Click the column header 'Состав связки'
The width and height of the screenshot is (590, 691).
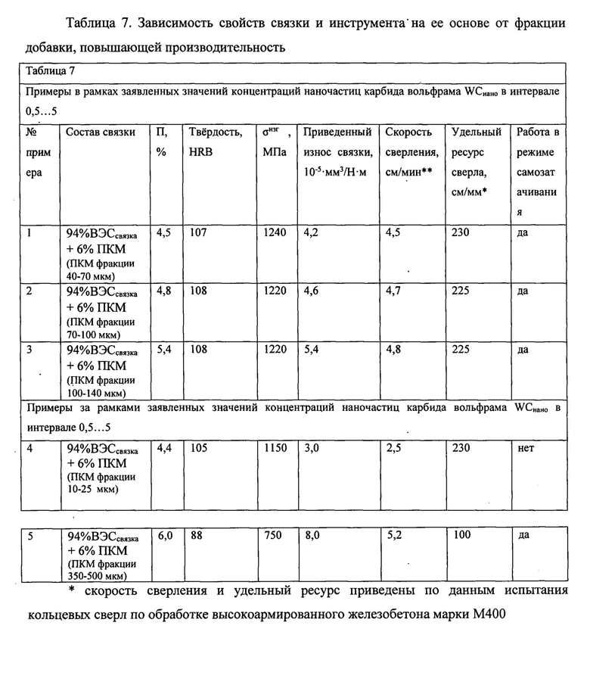point(101,132)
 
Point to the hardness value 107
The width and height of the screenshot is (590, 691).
point(198,233)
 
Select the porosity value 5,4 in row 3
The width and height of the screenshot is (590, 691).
point(163,350)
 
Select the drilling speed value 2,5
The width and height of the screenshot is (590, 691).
point(394,448)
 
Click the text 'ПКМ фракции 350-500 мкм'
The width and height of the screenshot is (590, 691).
point(101,569)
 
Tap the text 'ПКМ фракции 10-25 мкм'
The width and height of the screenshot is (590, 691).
point(101,483)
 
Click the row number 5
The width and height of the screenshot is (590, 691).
point(30,536)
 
